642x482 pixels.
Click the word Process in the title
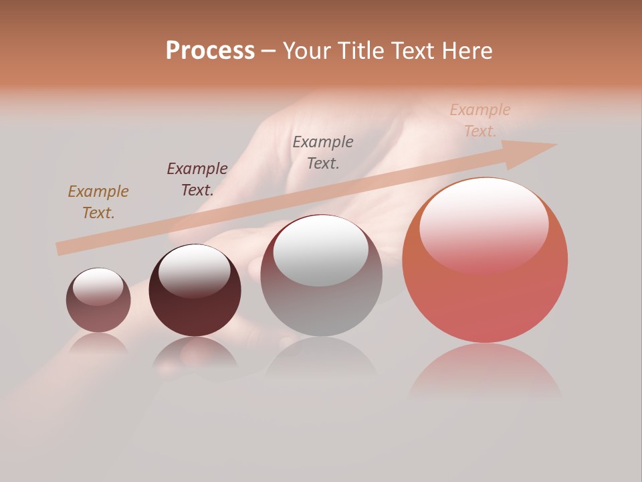210,51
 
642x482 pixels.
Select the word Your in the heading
307,51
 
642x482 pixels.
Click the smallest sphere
98,301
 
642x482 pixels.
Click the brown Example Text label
98,202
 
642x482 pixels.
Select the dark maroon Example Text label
197,179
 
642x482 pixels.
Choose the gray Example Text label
323,152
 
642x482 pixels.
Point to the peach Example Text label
479,120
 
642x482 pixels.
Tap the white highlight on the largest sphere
484,225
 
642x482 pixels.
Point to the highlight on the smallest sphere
98,287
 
